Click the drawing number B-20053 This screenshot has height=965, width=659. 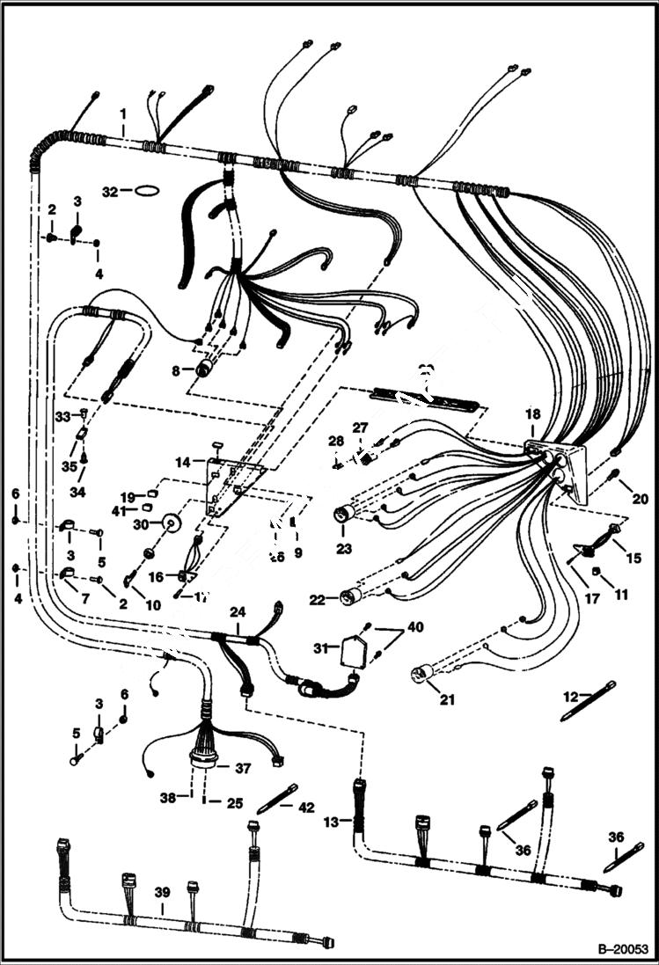[x=622, y=949]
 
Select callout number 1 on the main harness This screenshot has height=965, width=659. [x=123, y=113]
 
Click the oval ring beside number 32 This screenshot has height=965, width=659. [x=146, y=190]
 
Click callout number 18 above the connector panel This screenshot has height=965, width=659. [x=531, y=413]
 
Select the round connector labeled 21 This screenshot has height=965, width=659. [x=421, y=675]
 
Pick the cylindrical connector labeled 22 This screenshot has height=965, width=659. [x=349, y=597]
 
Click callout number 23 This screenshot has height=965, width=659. [x=343, y=548]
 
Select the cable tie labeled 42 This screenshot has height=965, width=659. [x=276, y=799]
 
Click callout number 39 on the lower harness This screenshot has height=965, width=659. [x=161, y=892]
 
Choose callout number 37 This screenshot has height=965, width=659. [x=242, y=768]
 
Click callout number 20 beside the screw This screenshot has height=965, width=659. [x=639, y=499]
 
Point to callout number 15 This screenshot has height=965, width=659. [x=633, y=558]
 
